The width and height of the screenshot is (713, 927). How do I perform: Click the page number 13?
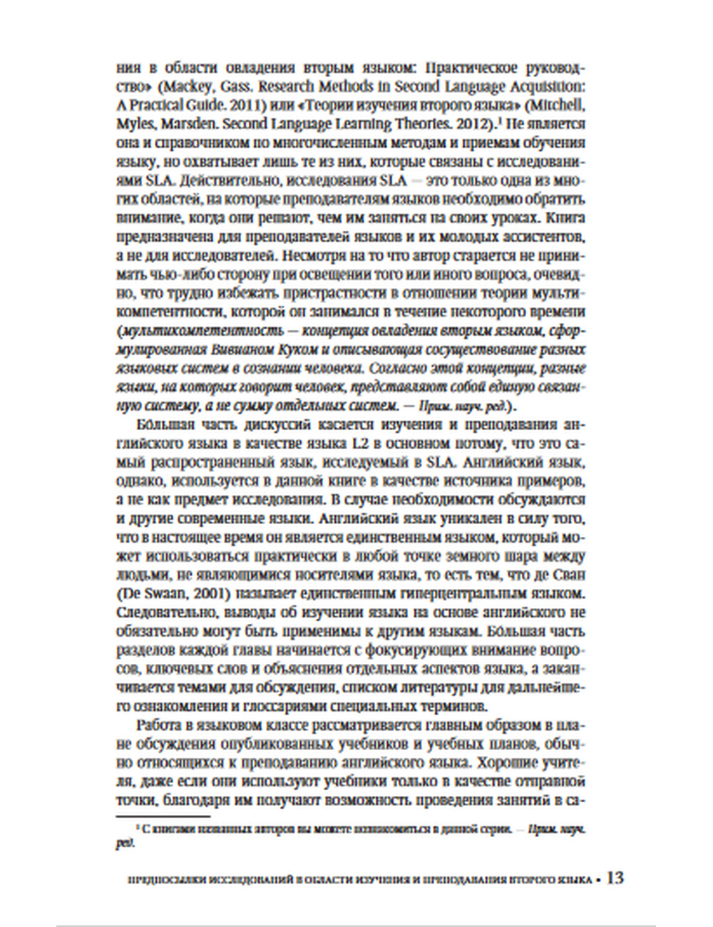tap(615, 878)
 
